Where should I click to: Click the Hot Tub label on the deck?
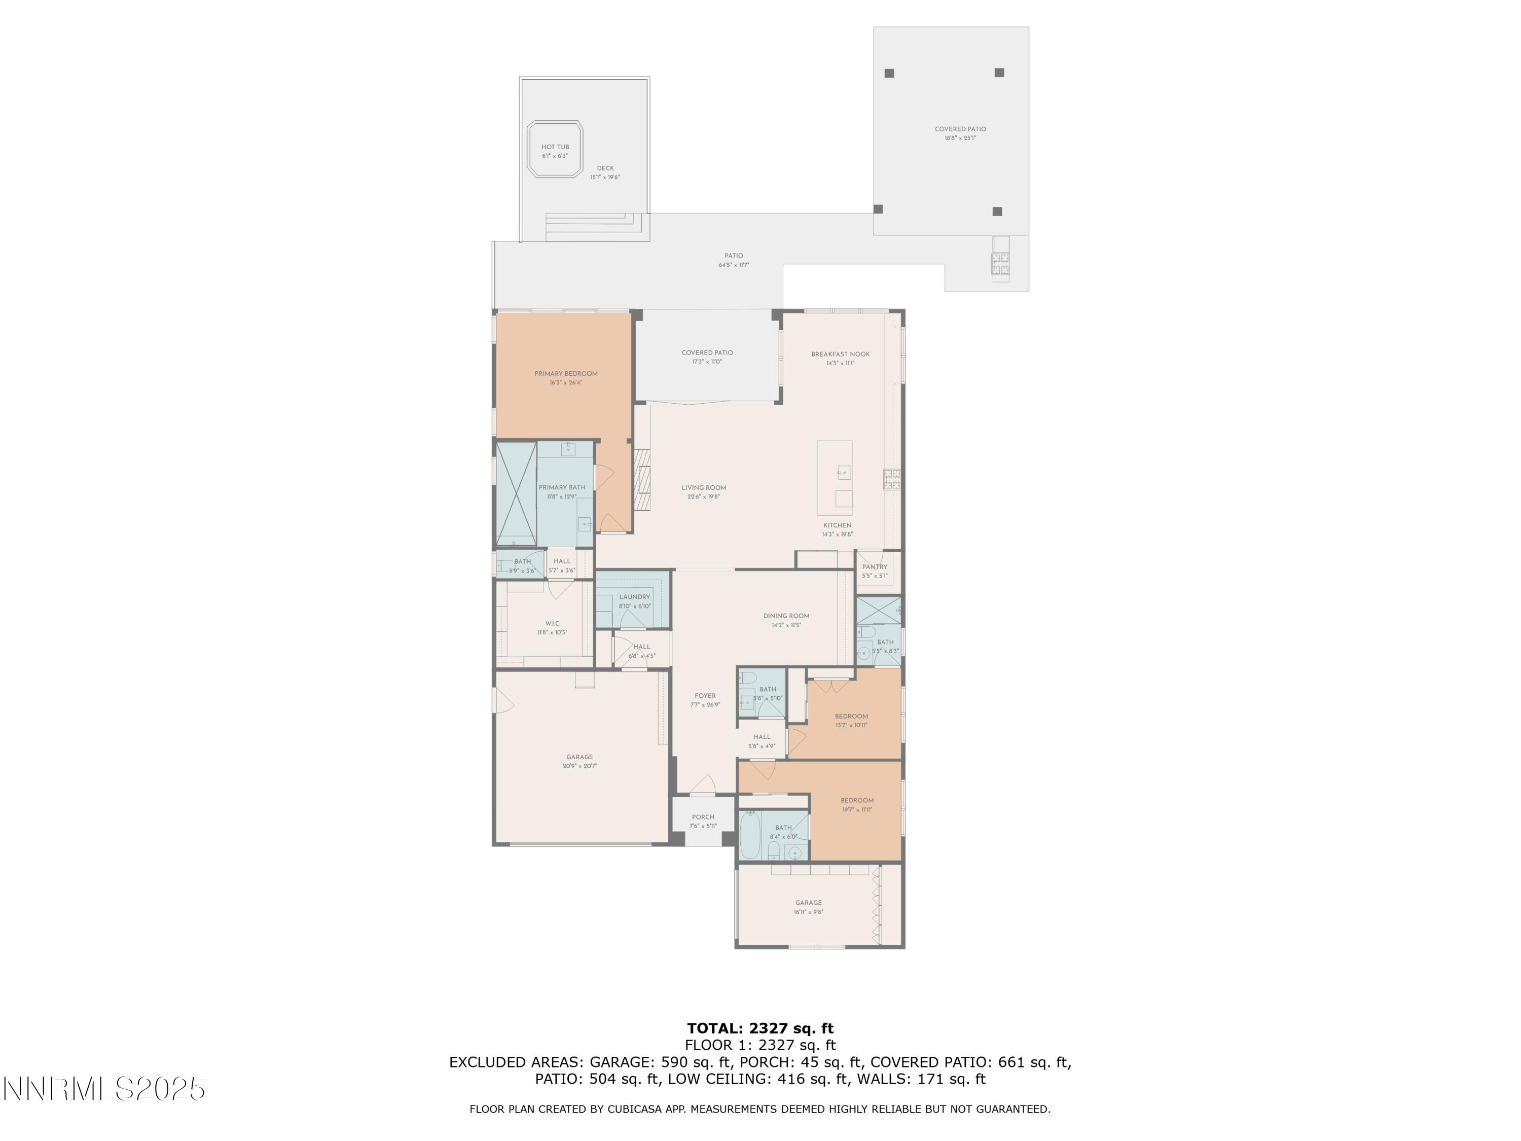point(555,147)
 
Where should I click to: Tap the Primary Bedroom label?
point(566,373)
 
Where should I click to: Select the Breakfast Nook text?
point(840,354)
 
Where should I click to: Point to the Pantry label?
point(875,567)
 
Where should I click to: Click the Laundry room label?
point(634,597)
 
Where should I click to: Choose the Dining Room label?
point(786,616)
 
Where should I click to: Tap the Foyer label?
point(705,696)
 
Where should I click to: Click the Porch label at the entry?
point(703,817)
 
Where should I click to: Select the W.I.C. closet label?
point(552,624)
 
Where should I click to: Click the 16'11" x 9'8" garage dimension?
point(808,912)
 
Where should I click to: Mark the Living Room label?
point(703,488)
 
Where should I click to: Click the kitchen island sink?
point(844,472)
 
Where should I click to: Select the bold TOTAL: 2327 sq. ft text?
point(760,1028)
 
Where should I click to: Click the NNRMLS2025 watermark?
point(104,1089)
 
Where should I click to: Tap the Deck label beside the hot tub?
point(605,168)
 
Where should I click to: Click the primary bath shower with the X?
point(517,494)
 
